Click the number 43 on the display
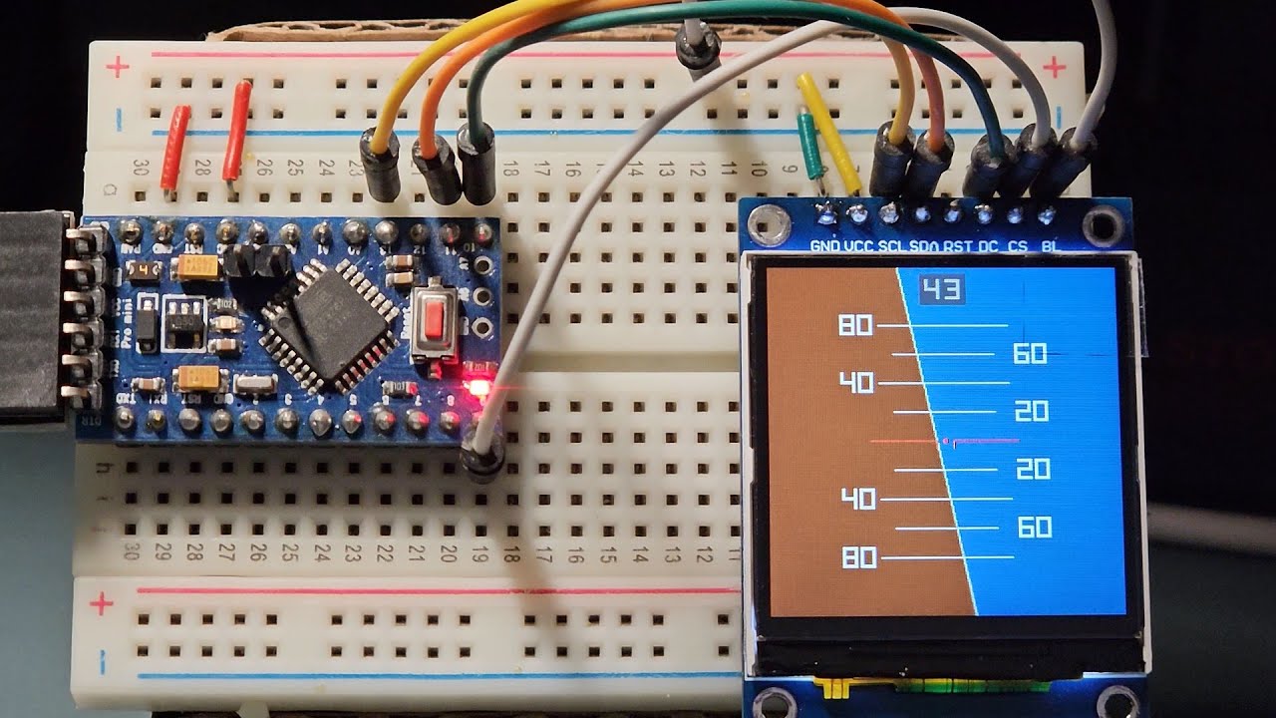coord(941,290)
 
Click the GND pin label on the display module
coord(824,245)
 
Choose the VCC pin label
coord(858,245)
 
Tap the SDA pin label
coord(925,245)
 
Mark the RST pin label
coord(958,245)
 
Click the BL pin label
coord(1049,245)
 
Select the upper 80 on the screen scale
coord(856,325)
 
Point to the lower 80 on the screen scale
coord(859,556)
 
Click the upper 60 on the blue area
coord(1030,353)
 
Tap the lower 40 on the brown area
coord(858,498)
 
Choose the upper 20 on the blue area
coord(1032,411)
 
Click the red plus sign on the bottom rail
coord(102,604)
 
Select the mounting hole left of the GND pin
coord(768,226)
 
